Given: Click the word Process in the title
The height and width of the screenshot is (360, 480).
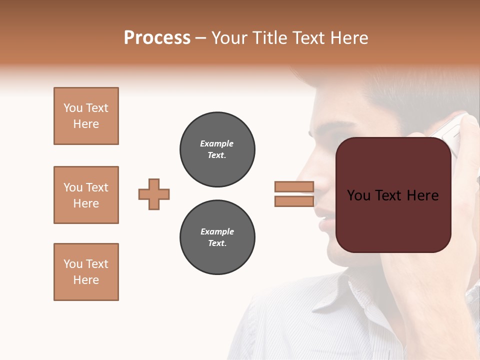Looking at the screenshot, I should coord(157,38).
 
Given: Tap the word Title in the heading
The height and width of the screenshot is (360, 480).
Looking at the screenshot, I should coord(268,38).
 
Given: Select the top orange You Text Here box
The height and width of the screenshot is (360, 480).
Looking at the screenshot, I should coord(86,116).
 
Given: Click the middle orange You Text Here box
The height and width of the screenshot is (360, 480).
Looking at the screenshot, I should coord(86,195).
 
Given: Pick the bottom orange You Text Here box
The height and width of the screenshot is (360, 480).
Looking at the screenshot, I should coord(86,272).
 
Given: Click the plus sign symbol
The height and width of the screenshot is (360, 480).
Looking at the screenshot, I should coord(154,194).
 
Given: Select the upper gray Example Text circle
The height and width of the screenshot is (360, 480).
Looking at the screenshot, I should coord(217,149).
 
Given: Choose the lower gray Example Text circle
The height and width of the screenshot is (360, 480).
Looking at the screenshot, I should coord(217,237).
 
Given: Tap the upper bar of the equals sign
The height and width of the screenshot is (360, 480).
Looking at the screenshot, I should coord(294,186).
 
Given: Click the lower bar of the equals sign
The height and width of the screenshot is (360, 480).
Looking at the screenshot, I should coord(294,201).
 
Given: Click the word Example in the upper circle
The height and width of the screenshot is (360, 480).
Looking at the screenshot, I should coord(217,143).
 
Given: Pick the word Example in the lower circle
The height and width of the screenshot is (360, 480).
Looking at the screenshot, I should coord(217,231).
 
